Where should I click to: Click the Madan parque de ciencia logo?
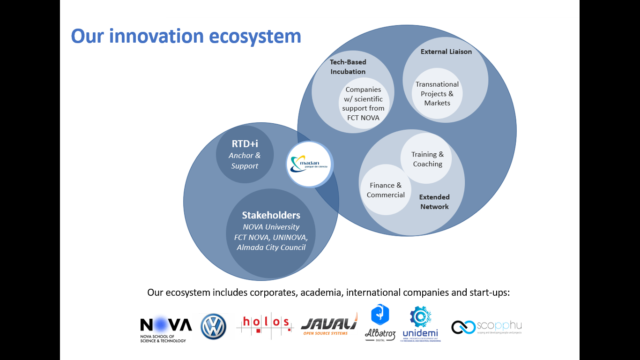pyautogui.click(x=310, y=165)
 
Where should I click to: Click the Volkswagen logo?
pyautogui.click(x=213, y=327)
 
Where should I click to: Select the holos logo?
pyautogui.click(x=265, y=324)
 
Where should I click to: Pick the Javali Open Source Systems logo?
pyautogui.click(x=329, y=325)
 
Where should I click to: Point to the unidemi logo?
pyautogui.click(x=420, y=324)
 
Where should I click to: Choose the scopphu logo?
pyautogui.click(x=486, y=327)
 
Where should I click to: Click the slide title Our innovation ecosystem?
pyautogui.click(x=186, y=36)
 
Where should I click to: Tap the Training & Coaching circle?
pyautogui.click(x=427, y=159)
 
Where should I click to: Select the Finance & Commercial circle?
pyautogui.click(x=386, y=190)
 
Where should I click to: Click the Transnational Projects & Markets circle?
pyautogui.click(x=437, y=94)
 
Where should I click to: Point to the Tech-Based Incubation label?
pyautogui.click(x=348, y=67)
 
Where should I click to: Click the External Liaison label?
pyautogui.click(x=446, y=52)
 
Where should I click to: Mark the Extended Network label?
pyautogui.click(x=434, y=202)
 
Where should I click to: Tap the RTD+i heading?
pyautogui.click(x=245, y=143)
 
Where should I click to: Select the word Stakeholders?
pyautogui.click(x=271, y=215)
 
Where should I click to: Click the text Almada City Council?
pyautogui.click(x=271, y=247)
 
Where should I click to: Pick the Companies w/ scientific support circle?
pyautogui.click(x=363, y=104)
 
